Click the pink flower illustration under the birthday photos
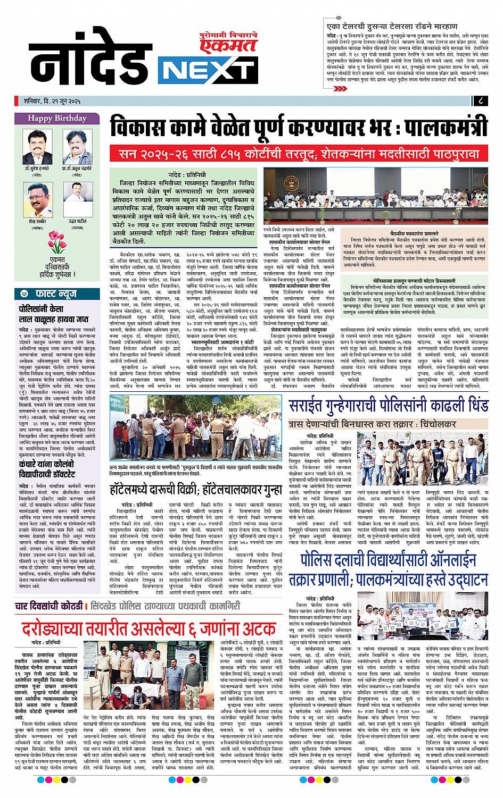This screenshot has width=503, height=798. (55, 241)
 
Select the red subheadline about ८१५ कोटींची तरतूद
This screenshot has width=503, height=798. (298, 155)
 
